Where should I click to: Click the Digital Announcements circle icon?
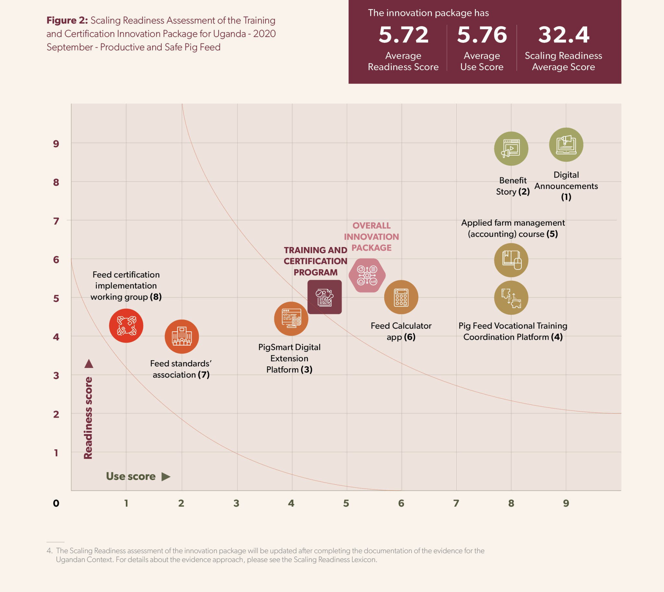click(566, 145)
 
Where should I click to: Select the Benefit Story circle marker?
click(511, 149)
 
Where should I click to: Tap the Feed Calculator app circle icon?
click(401, 297)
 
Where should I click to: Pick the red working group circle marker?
click(126, 326)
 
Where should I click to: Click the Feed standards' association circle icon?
click(182, 336)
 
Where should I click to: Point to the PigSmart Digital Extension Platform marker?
click(291, 319)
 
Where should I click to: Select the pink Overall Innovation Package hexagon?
click(367, 276)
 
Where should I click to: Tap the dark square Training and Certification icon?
click(324, 297)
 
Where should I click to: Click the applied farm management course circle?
click(511, 260)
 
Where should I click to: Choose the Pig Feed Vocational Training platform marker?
click(511, 298)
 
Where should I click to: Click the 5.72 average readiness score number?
click(403, 35)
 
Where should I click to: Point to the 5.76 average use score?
click(482, 35)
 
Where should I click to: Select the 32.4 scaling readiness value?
click(563, 35)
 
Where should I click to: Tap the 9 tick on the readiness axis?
click(56, 144)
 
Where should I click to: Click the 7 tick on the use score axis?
click(456, 503)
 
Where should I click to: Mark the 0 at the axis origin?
click(56, 503)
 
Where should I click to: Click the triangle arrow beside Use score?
click(166, 477)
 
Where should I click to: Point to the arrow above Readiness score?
click(89, 364)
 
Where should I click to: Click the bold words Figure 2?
click(67, 20)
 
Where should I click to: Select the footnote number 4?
click(49, 551)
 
